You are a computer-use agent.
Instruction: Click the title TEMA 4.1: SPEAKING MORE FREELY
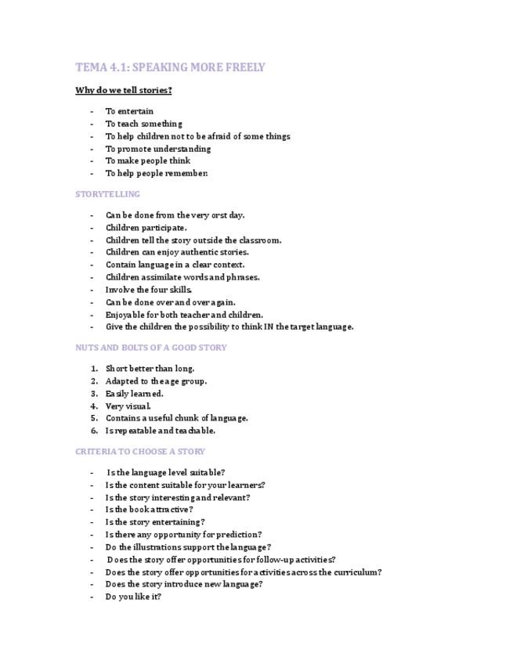(170, 67)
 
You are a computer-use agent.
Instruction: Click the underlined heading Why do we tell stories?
(124, 90)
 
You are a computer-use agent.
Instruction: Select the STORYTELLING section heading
(107, 194)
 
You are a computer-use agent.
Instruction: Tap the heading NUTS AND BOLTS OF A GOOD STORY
(151, 348)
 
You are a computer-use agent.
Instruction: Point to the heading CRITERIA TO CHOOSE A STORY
(140, 452)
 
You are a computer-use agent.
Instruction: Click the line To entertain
(129, 111)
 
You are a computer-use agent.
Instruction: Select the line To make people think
(147, 161)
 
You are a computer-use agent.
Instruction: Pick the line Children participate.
(146, 228)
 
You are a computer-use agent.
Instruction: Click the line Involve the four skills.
(148, 290)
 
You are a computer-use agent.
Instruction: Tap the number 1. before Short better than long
(94, 369)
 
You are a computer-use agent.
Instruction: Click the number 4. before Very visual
(94, 406)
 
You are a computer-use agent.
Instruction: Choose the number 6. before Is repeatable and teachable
(94, 431)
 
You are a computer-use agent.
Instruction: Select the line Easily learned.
(134, 394)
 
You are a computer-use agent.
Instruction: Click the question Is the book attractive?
(149, 510)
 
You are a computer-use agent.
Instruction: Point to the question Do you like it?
(133, 597)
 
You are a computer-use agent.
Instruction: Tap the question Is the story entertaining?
(155, 522)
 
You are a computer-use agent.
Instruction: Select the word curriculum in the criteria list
(356, 572)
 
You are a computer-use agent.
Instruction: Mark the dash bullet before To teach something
(92, 124)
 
